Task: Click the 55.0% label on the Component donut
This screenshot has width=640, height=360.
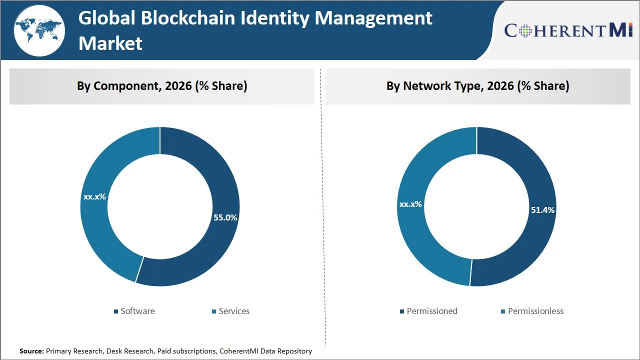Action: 225,217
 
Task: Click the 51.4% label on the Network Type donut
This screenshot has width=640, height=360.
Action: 542,210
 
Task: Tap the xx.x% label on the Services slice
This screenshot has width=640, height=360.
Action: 94,196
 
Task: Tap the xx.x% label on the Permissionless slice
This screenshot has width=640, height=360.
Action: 410,204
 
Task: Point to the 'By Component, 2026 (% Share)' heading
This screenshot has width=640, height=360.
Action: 162,86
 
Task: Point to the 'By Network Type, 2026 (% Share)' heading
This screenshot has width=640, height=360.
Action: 477,86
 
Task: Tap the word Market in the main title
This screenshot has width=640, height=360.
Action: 110,43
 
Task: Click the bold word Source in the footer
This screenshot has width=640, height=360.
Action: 31,351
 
